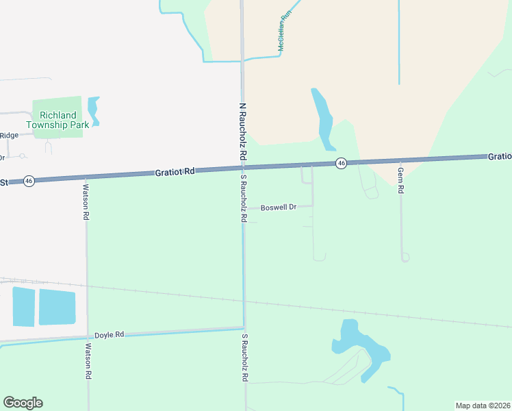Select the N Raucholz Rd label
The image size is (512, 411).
[242, 132]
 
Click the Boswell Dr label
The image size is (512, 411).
[278, 207]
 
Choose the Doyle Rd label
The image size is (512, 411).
[109, 334]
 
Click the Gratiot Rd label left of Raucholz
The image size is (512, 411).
[175, 171]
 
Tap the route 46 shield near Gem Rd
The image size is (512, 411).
[341, 162]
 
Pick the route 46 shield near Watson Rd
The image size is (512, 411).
[28, 181]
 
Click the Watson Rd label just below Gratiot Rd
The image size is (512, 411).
[86, 201]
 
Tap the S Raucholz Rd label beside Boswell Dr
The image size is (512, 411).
[243, 198]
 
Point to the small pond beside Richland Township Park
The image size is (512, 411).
[93, 110]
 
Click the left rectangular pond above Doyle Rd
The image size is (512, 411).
[23, 306]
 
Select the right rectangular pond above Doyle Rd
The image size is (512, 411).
[57, 307]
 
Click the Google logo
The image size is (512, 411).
[23, 403]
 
